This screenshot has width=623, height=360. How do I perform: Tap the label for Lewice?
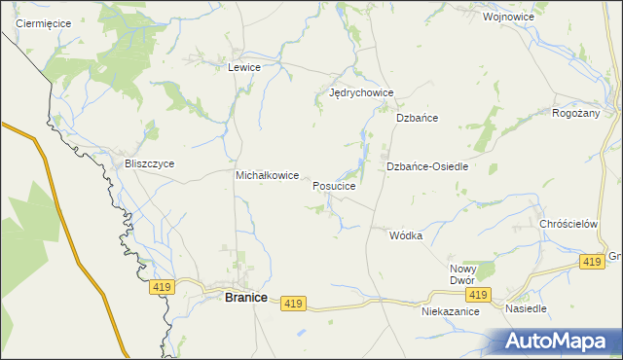click(243, 67)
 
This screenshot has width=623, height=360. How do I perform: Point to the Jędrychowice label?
click(361, 93)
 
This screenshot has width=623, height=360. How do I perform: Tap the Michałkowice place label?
click(267, 175)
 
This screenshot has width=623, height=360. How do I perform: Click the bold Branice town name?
click(246, 298)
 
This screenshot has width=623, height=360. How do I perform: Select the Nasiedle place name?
click(526, 308)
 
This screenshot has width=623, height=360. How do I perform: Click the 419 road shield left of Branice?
click(163, 287)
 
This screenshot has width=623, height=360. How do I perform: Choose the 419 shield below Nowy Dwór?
click(477, 295)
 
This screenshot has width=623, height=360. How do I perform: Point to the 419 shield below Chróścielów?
click(591, 263)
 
